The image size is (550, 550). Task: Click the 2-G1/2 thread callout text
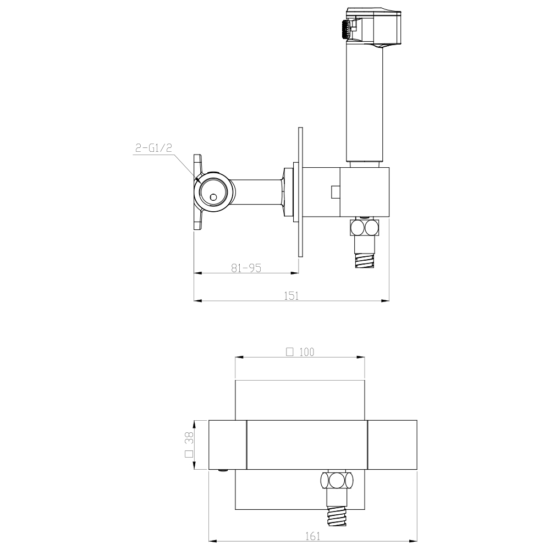tap(153, 148)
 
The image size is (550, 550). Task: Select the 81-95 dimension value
tap(246, 268)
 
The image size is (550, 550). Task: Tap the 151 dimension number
tap(291, 296)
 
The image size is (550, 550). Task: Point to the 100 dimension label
tap(307, 352)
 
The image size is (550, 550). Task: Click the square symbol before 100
tap(290, 352)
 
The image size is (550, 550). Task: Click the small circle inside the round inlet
tap(213, 197)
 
